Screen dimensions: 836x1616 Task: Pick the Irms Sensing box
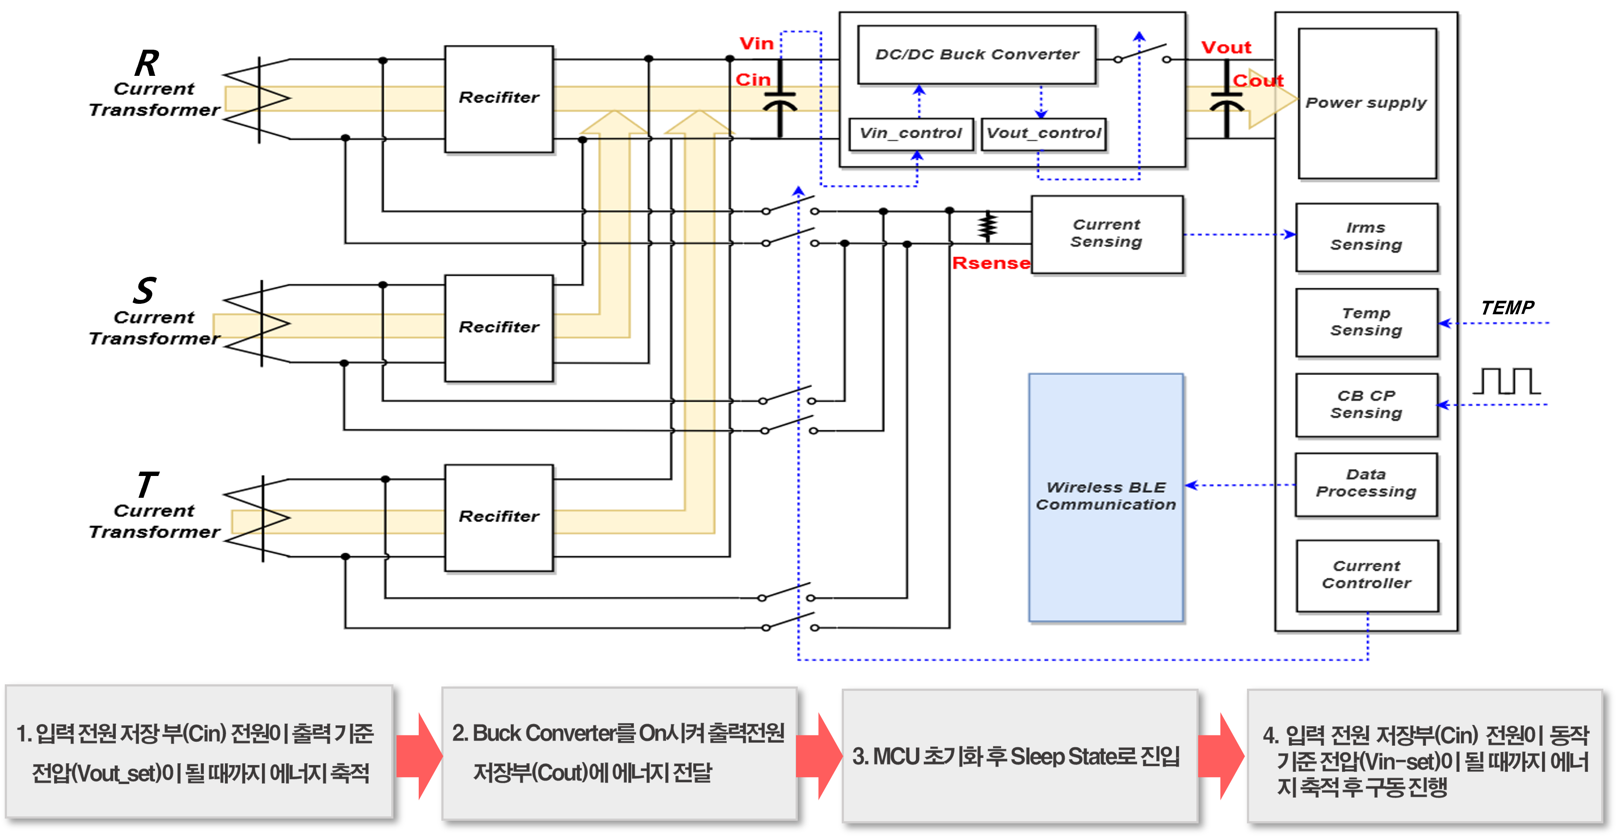(1366, 237)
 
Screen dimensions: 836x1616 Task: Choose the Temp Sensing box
(1366, 322)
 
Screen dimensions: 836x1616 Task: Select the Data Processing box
(1366, 484)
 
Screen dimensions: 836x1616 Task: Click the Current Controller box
(1366, 575)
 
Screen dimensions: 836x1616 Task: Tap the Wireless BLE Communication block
(1105, 496)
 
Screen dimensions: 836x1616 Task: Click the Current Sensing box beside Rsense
(1107, 234)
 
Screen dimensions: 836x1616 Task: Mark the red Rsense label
(990, 263)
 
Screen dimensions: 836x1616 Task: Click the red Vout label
(1226, 48)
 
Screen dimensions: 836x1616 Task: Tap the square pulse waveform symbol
(1506, 381)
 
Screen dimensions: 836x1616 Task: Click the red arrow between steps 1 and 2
(418, 756)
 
